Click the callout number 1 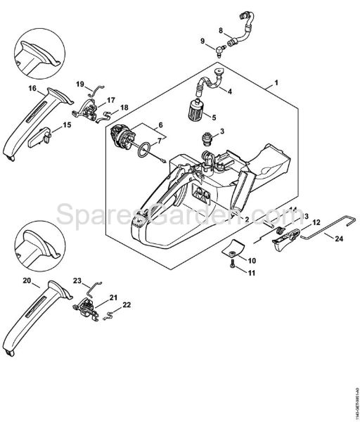click(x=276, y=83)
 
